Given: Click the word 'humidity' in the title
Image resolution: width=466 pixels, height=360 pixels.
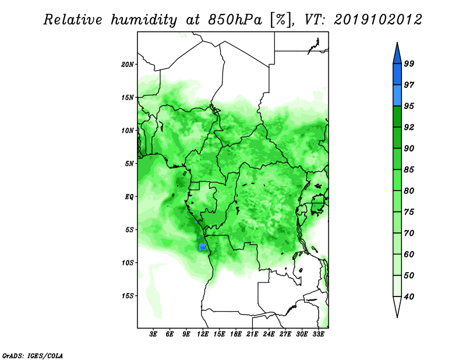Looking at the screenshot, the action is pos(144,20).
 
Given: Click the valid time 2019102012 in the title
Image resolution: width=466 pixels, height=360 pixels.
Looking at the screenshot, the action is pos(377,20).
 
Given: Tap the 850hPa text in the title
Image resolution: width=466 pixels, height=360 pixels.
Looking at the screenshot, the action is pos(235,20).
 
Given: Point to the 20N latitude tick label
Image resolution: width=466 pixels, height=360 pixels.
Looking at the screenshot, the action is pos(127,65).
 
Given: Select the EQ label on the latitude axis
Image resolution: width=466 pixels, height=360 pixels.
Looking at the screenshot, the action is pos(129,197).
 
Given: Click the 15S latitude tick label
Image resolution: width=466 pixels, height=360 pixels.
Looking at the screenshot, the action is pos(127,296).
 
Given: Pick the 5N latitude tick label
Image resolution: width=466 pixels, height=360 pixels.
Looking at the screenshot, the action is pos(129,164).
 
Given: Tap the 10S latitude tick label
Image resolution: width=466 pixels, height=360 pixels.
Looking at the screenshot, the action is pos(127,263).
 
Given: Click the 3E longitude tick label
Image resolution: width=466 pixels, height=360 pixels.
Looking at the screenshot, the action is pos(153,334).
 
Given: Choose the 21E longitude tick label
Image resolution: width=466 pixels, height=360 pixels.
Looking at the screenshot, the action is pos(252,334).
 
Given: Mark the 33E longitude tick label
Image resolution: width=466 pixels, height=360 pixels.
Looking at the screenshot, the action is pos(318,334).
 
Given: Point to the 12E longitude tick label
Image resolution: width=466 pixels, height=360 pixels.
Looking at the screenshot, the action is pos(203,334).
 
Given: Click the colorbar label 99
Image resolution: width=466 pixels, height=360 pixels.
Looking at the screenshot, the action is pos(409,63).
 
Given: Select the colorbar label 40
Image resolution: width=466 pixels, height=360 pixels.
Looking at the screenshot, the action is pos(409,297).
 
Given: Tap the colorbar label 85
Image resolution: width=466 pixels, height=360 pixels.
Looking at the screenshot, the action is pos(409,170).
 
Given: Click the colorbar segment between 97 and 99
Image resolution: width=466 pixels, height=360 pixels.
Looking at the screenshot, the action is pos(397,75).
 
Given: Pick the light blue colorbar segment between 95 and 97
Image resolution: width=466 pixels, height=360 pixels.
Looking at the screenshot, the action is pos(397,96).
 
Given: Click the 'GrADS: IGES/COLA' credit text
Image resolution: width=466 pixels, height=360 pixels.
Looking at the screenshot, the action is pos(33,355).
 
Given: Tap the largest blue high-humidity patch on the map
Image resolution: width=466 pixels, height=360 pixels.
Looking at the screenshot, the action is pos(202,247).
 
